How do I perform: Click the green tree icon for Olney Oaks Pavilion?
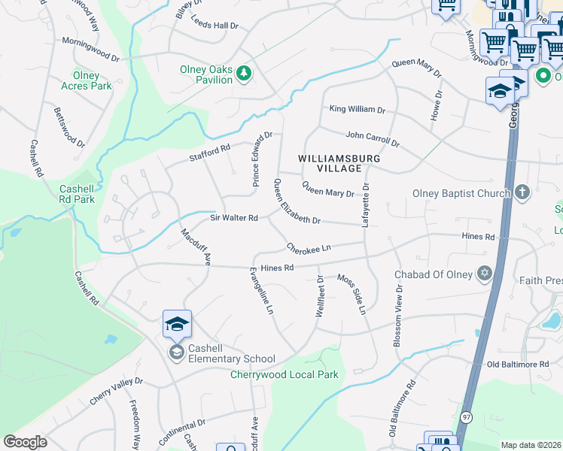click(x=243, y=73)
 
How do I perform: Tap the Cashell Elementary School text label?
click(x=232, y=359)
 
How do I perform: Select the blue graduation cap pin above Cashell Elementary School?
click(x=177, y=324)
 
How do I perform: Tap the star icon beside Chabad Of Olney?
click(x=485, y=274)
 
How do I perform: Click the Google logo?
click(x=26, y=442)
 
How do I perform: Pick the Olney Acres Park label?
click(x=86, y=80)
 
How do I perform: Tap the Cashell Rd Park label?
click(x=78, y=194)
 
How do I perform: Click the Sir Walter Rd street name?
click(x=233, y=218)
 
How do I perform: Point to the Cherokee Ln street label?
click(x=308, y=247)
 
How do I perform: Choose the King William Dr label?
click(x=358, y=109)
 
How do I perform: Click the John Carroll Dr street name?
click(x=372, y=138)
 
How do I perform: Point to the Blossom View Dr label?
click(x=396, y=316)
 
